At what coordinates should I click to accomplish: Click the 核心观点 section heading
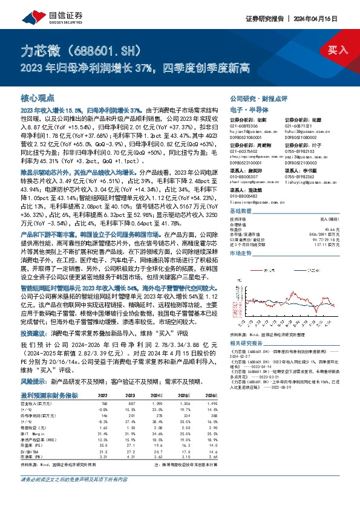pos(37,98)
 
